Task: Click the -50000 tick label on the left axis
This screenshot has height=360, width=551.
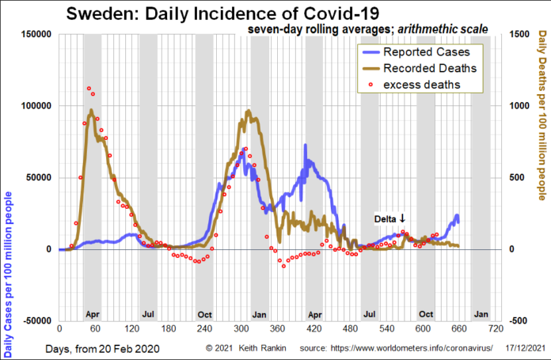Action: pos(34,320)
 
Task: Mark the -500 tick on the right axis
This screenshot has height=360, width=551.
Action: pos(519,320)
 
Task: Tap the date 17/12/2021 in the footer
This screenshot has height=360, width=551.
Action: pos(525,348)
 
